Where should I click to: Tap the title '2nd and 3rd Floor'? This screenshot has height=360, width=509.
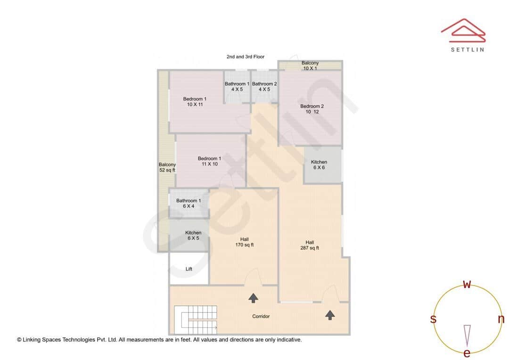245,57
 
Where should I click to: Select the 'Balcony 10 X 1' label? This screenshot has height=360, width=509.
310,65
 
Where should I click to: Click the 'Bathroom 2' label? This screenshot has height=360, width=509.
264,87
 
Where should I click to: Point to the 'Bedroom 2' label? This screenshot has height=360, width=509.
312,109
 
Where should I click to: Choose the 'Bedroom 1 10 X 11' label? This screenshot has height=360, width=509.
195,102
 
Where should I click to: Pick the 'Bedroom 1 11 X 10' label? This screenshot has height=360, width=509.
209,161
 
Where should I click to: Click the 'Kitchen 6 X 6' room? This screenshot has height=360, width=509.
319,164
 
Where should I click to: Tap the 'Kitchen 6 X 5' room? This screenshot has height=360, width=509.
193,236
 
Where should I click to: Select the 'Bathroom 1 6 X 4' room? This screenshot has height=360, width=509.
189,203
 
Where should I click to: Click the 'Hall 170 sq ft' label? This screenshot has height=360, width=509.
244,242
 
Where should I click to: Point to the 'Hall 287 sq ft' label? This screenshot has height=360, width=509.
310,245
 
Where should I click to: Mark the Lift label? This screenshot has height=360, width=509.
189,269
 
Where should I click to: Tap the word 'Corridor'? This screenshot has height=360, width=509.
261,316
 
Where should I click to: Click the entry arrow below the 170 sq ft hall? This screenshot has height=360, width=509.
254,297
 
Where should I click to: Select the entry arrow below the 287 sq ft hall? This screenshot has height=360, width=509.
330,315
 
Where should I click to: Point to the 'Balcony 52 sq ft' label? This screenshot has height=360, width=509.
167,167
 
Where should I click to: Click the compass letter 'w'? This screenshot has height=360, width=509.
467,284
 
